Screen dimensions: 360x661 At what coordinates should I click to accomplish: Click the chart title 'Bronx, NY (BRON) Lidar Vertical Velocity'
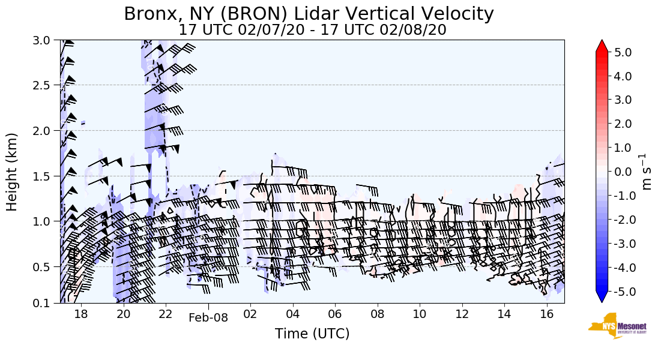click(309, 13)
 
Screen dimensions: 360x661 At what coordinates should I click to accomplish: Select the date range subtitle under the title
click(312, 30)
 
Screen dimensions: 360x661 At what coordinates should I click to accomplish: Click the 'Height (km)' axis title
click(13, 172)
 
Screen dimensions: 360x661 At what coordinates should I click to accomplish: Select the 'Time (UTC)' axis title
click(312, 334)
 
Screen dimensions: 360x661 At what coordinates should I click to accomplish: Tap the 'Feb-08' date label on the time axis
click(208, 318)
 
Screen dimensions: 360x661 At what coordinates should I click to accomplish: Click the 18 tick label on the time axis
click(81, 314)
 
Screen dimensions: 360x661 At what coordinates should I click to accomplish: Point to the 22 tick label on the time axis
click(166, 314)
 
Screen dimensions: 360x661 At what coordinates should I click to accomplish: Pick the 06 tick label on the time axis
click(335, 314)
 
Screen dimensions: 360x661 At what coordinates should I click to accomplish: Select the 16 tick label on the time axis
click(546, 314)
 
